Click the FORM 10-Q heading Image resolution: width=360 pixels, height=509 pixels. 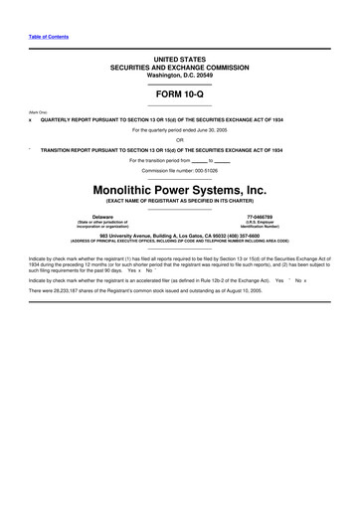coord(179,94)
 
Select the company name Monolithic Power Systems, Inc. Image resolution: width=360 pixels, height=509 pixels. coord(179,188)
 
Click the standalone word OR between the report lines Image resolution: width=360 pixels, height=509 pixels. coord(180,139)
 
